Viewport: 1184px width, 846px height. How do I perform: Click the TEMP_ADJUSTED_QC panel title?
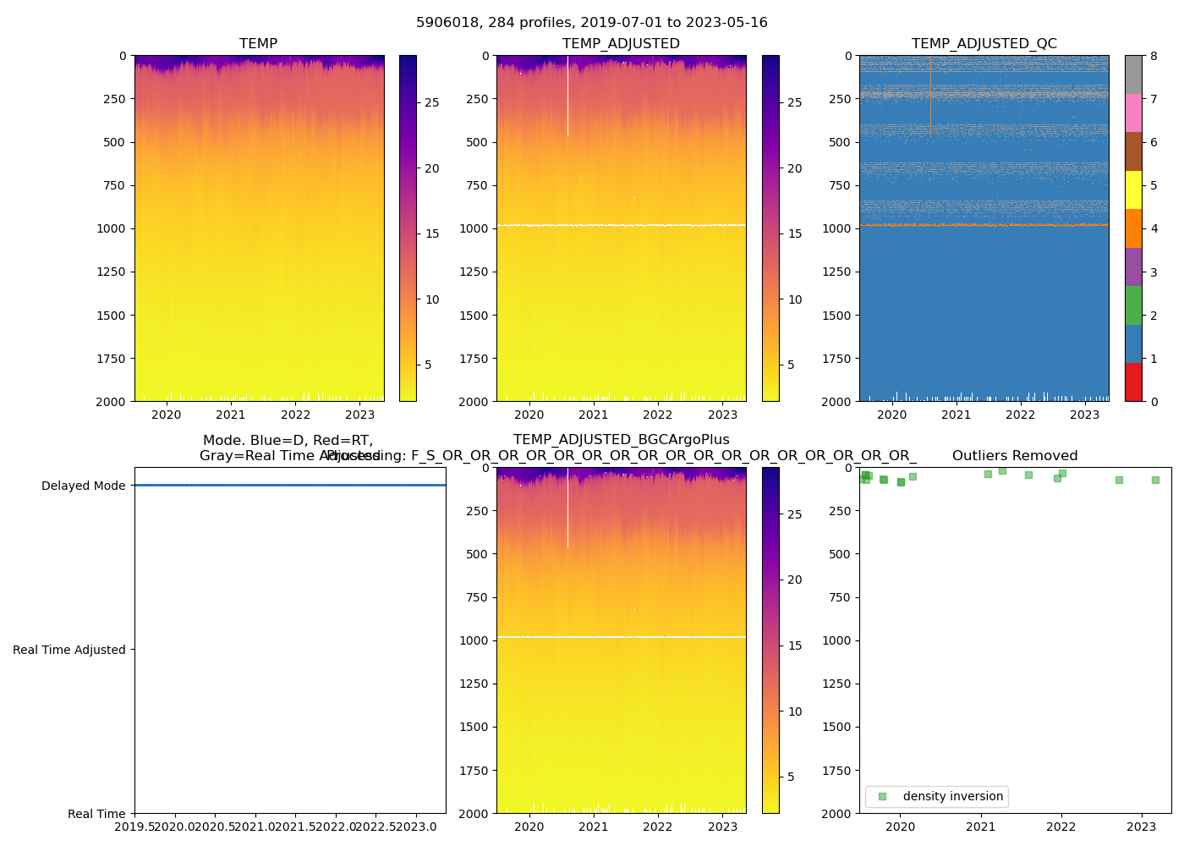(x=984, y=44)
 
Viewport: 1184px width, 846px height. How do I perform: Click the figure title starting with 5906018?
(x=592, y=23)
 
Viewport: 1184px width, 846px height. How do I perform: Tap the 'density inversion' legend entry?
(x=952, y=796)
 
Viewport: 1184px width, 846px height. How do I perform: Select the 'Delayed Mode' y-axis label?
(x=83, y=486)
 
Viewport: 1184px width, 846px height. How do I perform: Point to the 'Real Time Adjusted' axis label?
(x=69, y=650)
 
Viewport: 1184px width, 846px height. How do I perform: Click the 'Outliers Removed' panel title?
(x=1015, y=456)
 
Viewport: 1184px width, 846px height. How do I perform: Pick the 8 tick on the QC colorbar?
(x=1154, y=56)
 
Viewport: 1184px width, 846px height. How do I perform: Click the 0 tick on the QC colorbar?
(x=1154, y=402)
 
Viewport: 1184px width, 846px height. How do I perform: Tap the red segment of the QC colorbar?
(x=1133, y=382)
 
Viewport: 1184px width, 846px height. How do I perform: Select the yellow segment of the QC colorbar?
(x=1133, y=190)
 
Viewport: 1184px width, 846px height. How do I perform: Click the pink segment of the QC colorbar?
(x=1133, y=113)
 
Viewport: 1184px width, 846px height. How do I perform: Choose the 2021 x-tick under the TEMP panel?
(x=231, y=415)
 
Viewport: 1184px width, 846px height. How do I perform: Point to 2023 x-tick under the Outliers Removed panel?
(x=1142, y=827)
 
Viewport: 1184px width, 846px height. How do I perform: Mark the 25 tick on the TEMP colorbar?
(x=432, y=102)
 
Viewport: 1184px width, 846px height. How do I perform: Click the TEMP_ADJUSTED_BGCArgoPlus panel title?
(x=621, y=440)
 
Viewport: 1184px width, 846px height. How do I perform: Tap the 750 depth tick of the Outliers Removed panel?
(x=840, y=597)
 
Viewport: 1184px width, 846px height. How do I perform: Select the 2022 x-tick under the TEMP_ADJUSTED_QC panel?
(x=1021, y=415)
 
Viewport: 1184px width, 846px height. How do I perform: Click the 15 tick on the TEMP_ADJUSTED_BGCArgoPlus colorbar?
(x=795, y=645)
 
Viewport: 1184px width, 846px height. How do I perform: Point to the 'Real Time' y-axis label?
(x=96, y=814)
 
